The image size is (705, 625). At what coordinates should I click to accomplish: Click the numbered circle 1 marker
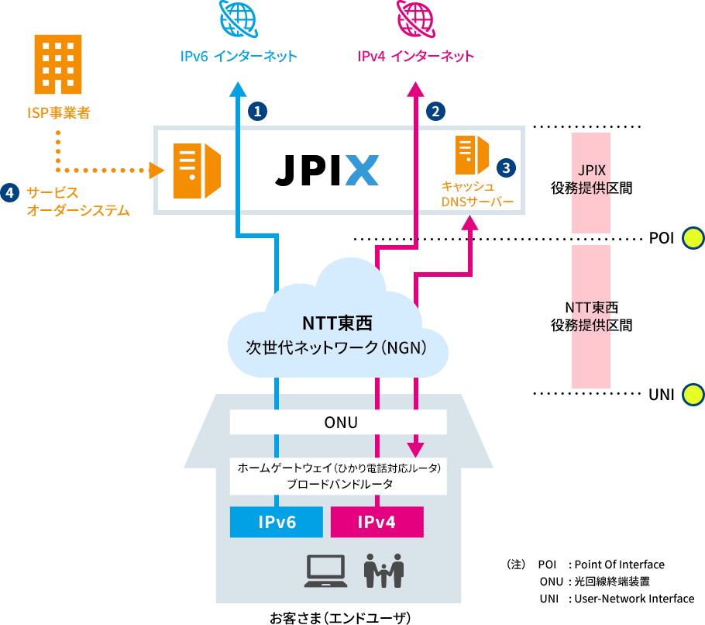click(x=257, y=111)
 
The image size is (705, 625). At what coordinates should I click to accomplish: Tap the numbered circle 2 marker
click(x=435, y=111)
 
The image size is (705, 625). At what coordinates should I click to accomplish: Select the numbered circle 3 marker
click(x=505, y=167)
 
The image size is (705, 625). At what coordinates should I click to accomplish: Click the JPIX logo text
click(x=326, y=170)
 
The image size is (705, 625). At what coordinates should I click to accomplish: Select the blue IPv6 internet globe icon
click(x=239, y=18)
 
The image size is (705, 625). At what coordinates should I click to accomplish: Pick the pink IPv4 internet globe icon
click(x=416, y=18)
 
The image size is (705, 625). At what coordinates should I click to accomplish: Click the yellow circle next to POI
click(x=692, y=239)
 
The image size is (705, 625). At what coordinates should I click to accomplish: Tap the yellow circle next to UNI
click(x=692, y=395)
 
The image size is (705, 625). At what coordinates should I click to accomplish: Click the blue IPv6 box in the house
click(x=276, y=522)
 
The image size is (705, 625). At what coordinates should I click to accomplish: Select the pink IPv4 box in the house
click(x=377, y=522)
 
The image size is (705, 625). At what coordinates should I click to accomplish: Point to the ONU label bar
click(x=339, y=423)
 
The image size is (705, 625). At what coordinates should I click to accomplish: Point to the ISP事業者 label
click(x=57, y=113)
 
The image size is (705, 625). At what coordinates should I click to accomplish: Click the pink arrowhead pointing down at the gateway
click(x=417, y=450)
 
